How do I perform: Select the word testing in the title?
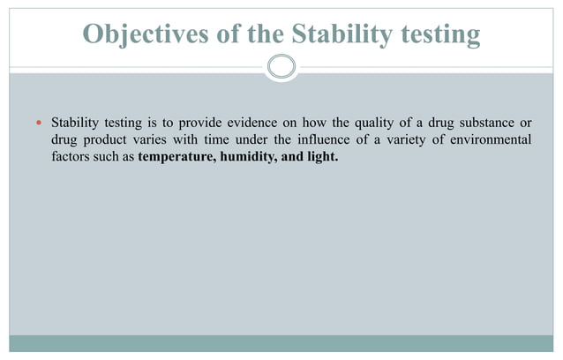coord(435,34)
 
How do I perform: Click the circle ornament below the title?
coord(281,67)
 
